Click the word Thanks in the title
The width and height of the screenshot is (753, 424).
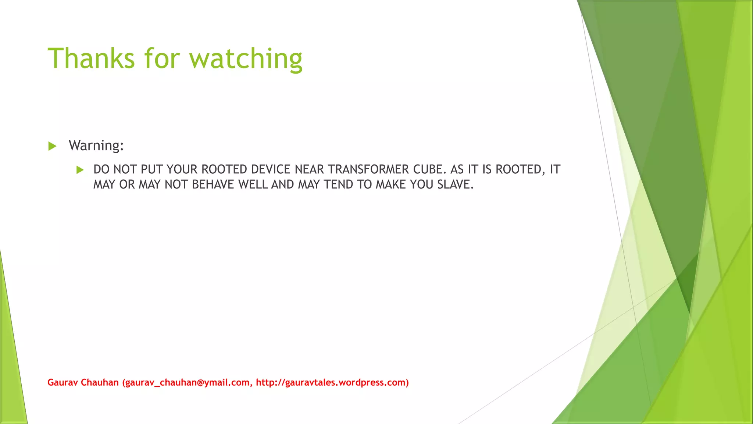[91, 58]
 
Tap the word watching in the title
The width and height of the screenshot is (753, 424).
[246, 59]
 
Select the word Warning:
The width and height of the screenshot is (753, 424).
[96, 145]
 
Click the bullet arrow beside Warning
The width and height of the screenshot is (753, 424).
[52, 146]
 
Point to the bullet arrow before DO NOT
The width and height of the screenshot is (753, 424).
[80, 170]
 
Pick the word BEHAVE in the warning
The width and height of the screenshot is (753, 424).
[213, 184]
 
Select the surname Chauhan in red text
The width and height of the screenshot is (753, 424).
[100, 382]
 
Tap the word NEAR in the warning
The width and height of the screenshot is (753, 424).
[309, 169]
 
